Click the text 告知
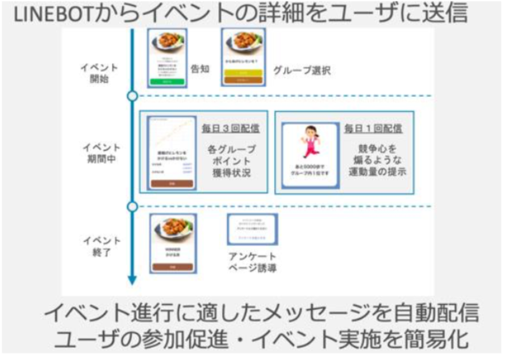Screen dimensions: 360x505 [199, 70]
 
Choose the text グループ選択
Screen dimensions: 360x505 [301, 70]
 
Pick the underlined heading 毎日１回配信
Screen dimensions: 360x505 [374, 127]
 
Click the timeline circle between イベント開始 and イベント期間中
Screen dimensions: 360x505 [132, 98]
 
